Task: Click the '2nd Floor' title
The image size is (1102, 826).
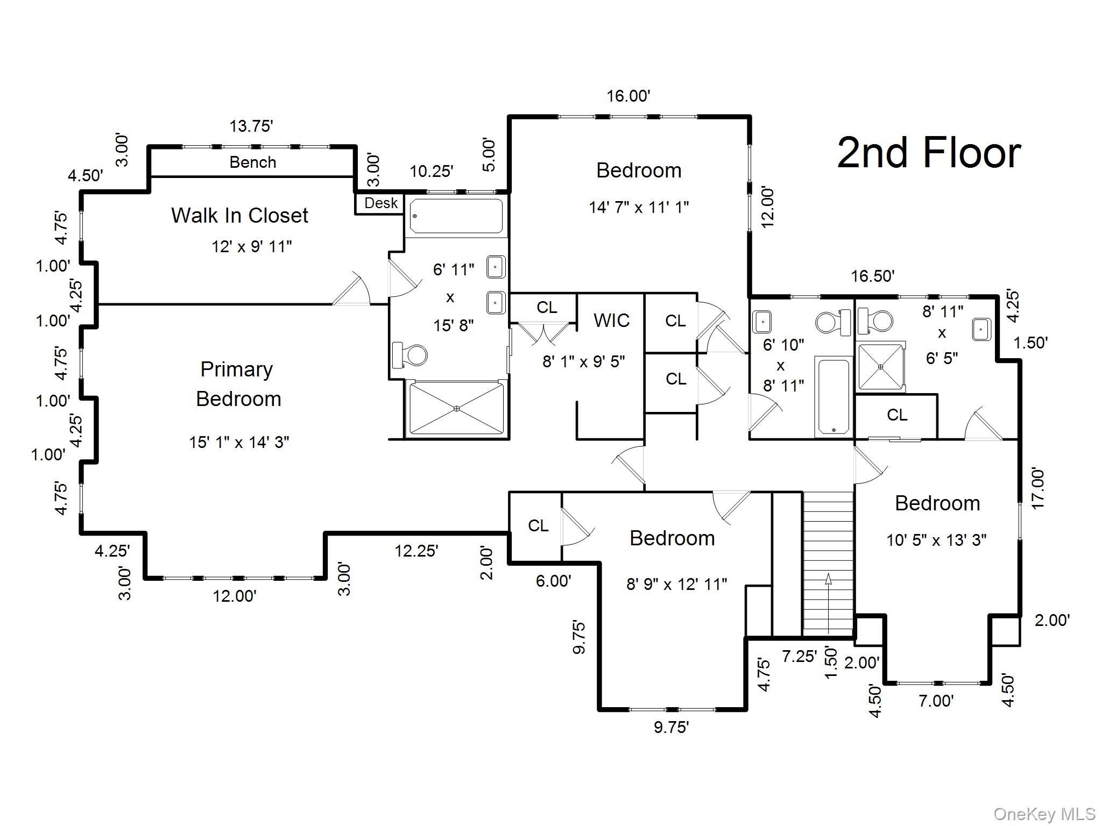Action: point(929,153)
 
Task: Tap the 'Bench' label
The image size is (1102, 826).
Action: point(252,162)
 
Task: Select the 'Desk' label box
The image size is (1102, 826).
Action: point(380,203)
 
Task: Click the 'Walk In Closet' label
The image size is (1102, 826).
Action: point(239,215)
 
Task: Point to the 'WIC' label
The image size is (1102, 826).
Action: point(611,320)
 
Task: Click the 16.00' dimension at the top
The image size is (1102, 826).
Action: point(628,96)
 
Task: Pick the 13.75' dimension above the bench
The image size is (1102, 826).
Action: point(251,126)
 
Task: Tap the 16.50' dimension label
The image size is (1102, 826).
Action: point(872,276)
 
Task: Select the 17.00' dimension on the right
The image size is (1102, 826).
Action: point(1037,488)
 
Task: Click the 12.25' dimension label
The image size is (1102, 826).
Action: point(416,551)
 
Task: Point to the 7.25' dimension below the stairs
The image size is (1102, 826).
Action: point(799,656)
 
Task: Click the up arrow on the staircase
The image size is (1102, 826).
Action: point(828,579)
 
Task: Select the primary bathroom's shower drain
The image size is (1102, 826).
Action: point(456,408)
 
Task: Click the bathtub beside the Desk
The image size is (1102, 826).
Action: point(456,216)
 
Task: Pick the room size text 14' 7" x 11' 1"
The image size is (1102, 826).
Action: point(639,207)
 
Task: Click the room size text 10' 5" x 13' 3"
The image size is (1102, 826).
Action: point(936,540)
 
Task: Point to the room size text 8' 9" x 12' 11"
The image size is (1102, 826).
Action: point(676,584)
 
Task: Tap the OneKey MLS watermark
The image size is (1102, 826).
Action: point(1044,814)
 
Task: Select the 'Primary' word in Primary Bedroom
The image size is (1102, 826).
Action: point(236,369)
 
